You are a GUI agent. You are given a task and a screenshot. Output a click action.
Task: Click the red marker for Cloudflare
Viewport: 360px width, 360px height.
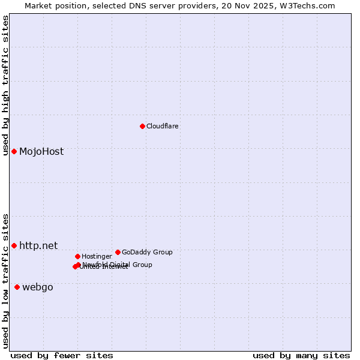[x=142, y=126]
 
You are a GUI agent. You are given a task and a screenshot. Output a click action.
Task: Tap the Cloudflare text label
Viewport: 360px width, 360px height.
[x=162, y=127]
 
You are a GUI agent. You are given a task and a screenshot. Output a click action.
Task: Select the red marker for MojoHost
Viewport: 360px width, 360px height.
[x=14, y=151]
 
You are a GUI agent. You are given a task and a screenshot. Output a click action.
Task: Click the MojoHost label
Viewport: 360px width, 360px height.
[x=41, y=152]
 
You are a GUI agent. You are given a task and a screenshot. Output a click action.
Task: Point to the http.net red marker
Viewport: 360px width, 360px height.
[x=14, y=245]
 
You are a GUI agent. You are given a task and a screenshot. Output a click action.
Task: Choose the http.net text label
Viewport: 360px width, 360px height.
[x=38, y=245]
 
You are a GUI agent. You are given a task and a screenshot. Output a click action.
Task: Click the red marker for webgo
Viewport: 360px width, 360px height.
[x=17, y=287]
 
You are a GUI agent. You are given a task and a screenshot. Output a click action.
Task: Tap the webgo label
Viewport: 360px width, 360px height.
[x=38, y=287]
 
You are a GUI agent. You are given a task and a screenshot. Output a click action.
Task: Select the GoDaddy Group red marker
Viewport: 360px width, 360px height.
[x=118, y=252]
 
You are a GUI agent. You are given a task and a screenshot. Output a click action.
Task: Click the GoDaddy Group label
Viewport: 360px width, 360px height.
[x=147, y=253]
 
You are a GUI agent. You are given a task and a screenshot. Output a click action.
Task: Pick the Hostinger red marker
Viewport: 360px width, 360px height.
[x=77, y=256]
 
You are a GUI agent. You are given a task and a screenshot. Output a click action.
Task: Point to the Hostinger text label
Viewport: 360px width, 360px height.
[x=97, y=257]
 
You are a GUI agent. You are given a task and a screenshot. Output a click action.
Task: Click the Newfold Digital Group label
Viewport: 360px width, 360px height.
[x=118, y=265]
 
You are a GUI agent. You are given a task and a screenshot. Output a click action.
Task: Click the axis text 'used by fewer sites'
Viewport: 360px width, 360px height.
[x=62, y=355]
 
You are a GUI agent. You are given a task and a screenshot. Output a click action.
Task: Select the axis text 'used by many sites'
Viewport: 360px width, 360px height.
[x=301, y=355]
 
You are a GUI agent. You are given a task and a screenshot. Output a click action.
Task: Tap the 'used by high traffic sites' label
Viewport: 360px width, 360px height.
[x=5, y=85]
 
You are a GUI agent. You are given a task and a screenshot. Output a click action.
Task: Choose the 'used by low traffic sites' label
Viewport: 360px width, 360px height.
[x=5, y=281]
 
